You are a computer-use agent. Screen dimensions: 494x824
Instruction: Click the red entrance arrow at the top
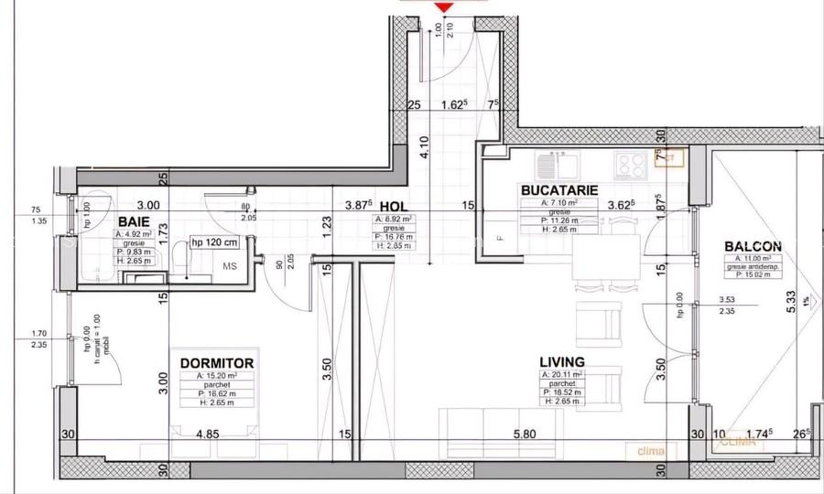[444, 8]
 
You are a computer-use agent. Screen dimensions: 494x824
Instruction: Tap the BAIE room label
[135, 221]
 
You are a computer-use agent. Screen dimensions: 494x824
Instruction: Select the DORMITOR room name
[217, 363]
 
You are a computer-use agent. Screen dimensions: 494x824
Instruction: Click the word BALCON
[753, 246]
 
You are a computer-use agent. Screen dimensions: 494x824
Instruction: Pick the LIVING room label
[563, 362]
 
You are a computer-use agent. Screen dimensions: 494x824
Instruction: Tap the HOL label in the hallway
[393, 208]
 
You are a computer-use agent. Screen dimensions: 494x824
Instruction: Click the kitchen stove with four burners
[630, 165]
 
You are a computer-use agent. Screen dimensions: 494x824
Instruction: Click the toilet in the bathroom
[185, 263]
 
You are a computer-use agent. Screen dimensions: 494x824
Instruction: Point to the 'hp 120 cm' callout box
[214, 242]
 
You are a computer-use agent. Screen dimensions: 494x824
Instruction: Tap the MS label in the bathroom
[231, 266]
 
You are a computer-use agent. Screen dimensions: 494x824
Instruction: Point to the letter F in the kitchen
[500, 239]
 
